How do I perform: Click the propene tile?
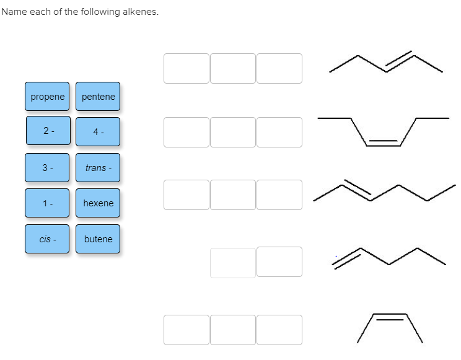coord(48,97)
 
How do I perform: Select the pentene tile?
coord(98,97)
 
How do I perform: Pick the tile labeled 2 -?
coord(48,131)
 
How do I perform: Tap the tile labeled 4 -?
coord(98,131)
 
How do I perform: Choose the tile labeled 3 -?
coord(48,167)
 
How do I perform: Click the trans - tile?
coord(98,167)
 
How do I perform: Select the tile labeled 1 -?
coord(48,203)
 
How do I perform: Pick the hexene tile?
coord(98,203)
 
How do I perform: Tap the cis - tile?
coord(48,239)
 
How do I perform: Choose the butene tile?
coord(98,239)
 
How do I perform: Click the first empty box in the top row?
coord(187,68)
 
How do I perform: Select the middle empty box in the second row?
coord(232,132)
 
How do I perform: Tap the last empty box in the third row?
coord(279,195)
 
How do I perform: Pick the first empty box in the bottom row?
coord(187,330)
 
